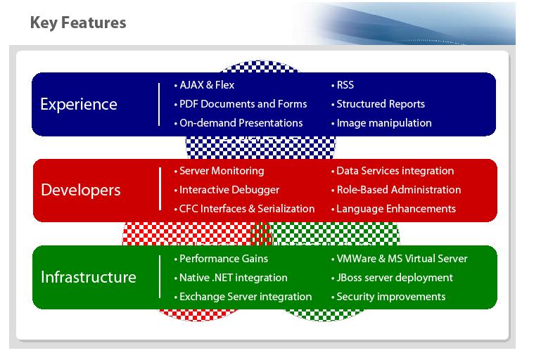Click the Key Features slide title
pos(78,23)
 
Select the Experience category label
pos(79,105)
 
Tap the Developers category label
pos(80,191)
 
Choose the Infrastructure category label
pos(88,277)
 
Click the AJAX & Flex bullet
pos(206,85)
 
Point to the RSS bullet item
pos(345,85)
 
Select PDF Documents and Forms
pos(243,104)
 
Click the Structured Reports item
pos(380,104)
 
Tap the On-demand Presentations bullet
pos(241,123)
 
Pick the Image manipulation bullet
pos(383,123)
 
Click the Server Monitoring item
pos(221,171)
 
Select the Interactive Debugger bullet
pos(229,190)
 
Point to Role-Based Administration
pos(398,190)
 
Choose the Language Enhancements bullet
pos(395,209)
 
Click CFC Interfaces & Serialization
pos(246,209)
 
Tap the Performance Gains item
pos(224,258)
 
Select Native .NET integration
pos(233,278)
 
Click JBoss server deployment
pos(394,278)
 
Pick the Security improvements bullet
pos(390,297)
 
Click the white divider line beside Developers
pos(160,191)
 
